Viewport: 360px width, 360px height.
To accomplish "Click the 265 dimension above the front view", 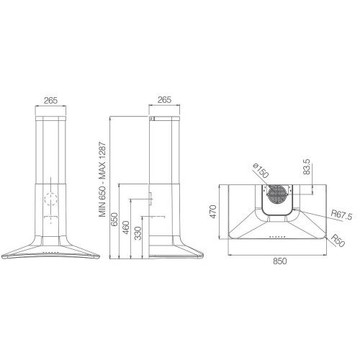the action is (50, 100).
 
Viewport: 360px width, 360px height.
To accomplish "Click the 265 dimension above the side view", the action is (164, 99).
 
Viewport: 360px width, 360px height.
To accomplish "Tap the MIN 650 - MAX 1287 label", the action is (102, 179).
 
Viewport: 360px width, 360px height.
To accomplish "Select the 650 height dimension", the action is (114, 220).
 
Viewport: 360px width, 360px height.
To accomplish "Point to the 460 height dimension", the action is (126, 228).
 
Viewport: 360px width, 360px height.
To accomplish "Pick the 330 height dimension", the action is (138, 233).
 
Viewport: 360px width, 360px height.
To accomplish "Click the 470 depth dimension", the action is (213, 212).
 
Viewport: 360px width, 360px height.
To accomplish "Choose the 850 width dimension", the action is (280, 261).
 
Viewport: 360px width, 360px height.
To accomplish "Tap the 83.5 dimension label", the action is (307, 167).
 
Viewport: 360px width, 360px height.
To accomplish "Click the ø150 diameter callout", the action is (261, 171).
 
